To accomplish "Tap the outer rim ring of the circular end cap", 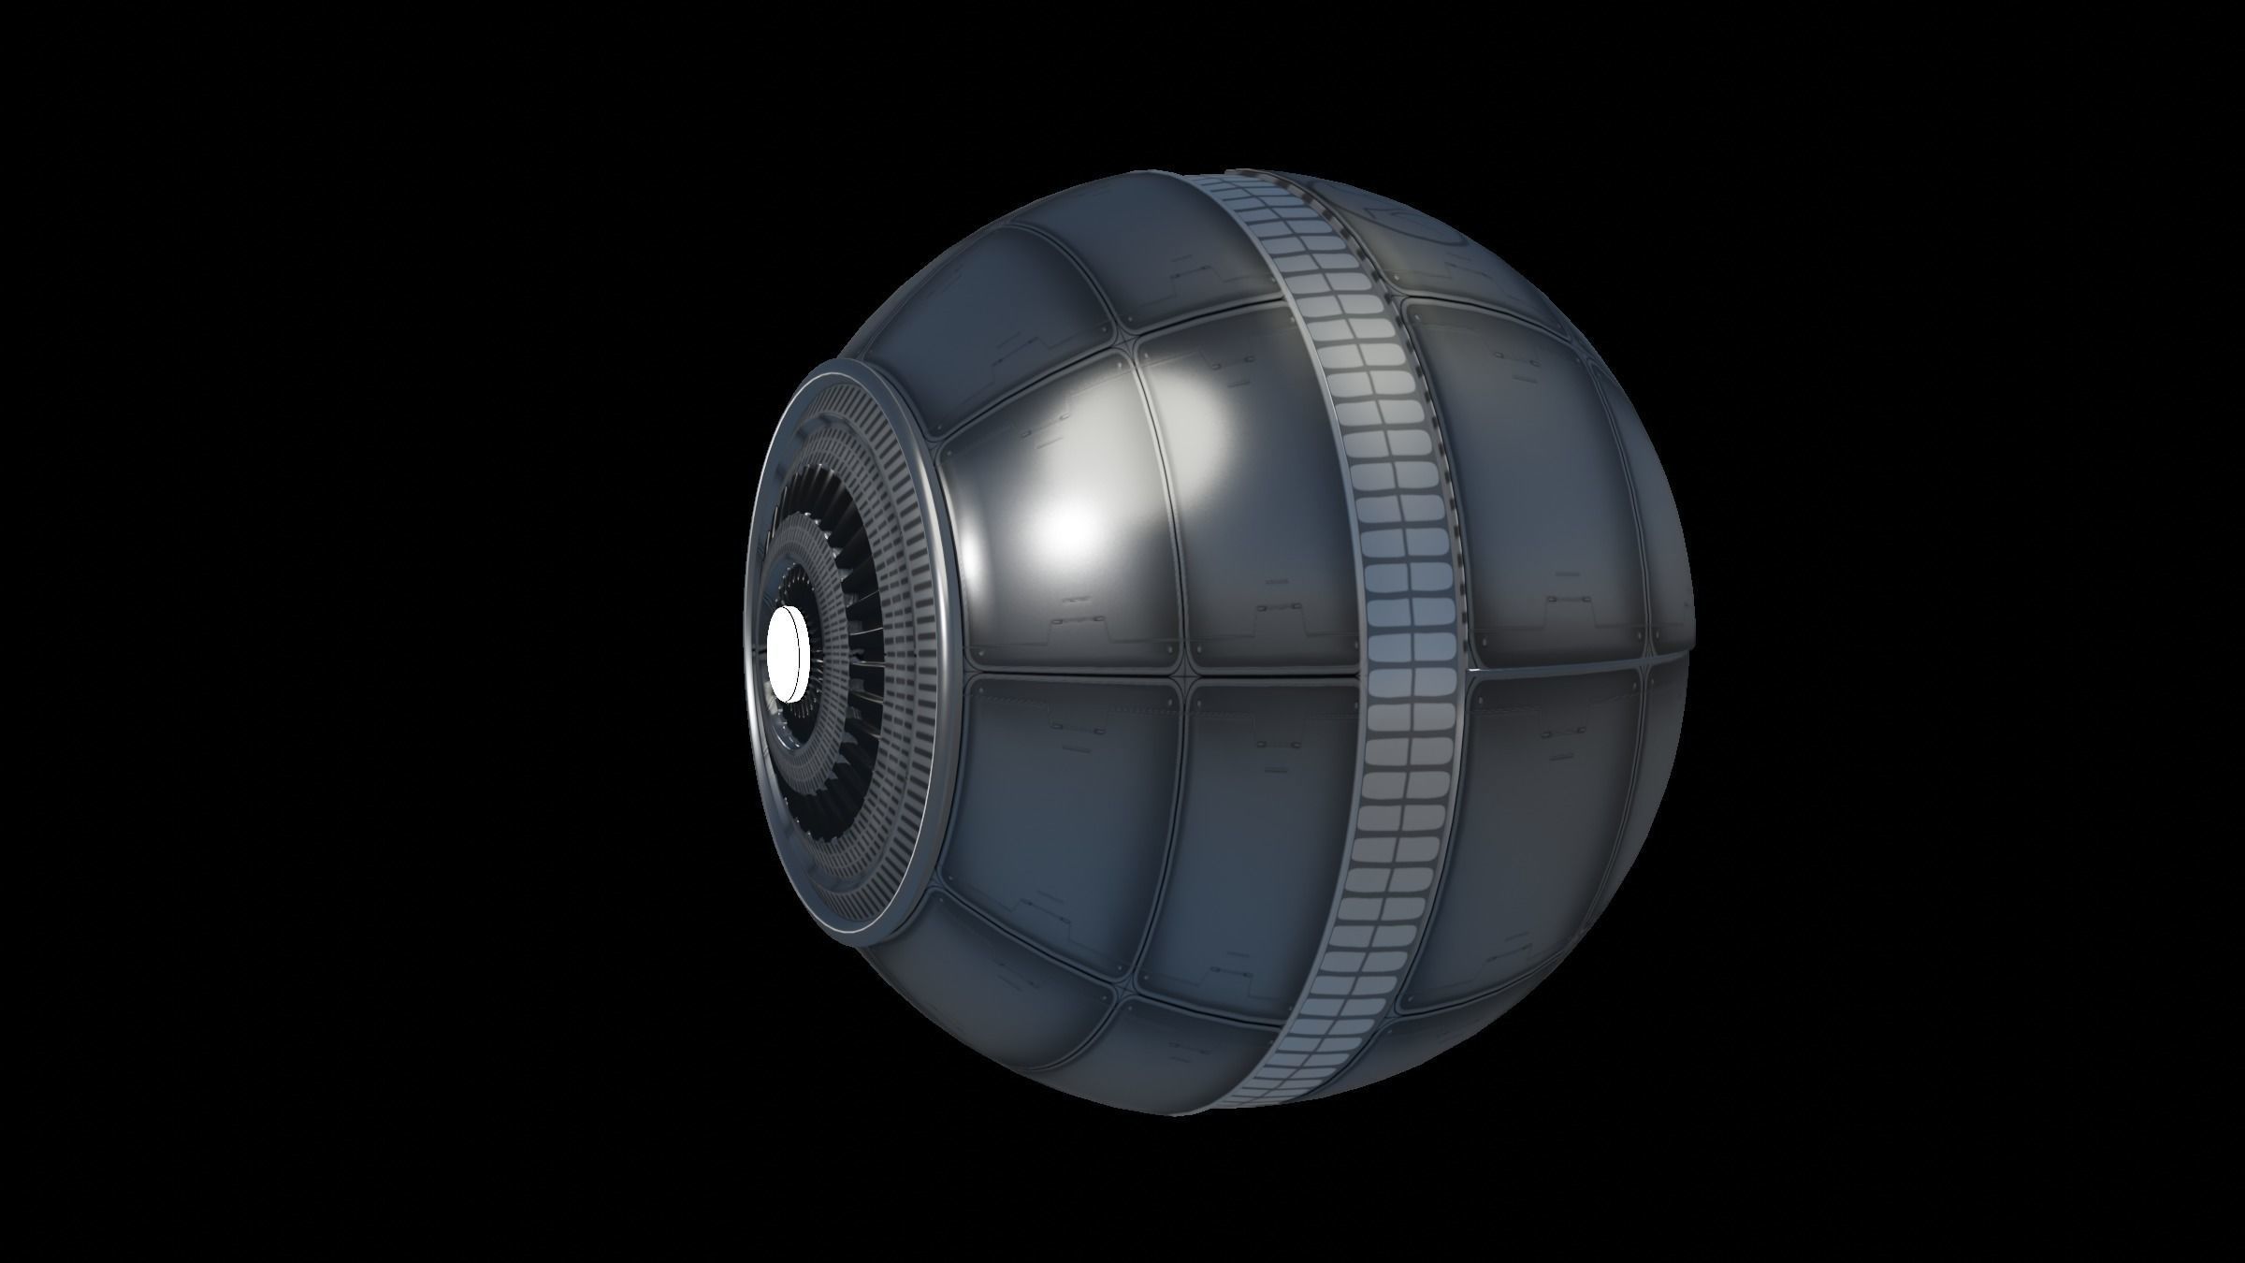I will point(947,655).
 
